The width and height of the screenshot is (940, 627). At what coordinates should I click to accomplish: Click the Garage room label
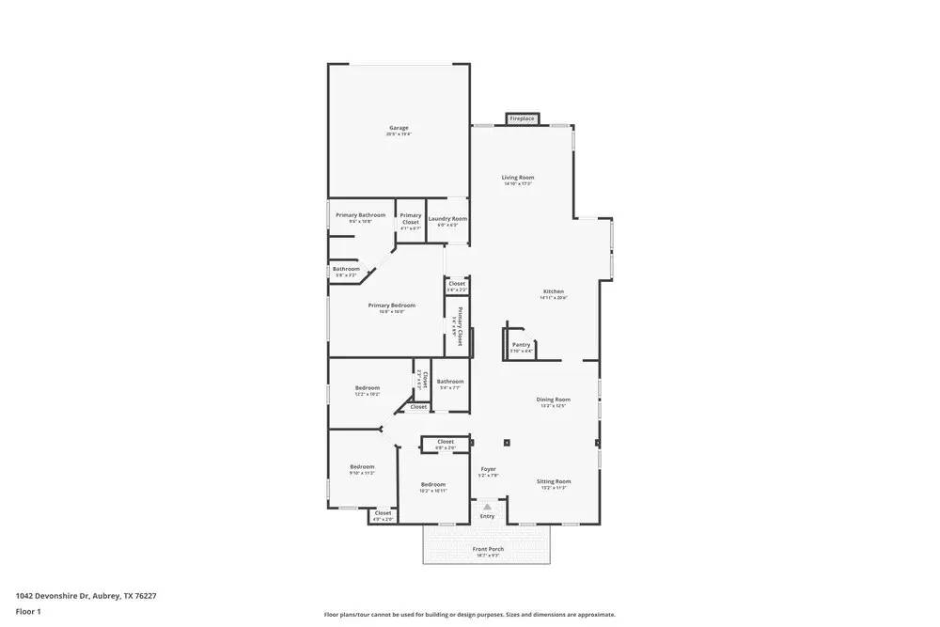(399, 128)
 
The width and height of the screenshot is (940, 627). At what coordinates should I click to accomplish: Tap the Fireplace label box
(522, 118)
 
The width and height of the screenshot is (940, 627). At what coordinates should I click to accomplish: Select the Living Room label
(517, 178)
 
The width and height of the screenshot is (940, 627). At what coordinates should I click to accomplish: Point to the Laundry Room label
(447, 219)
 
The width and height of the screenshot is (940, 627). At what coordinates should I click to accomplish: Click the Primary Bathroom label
(360, 215)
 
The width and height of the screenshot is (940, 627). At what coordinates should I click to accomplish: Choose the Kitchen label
(554, 291)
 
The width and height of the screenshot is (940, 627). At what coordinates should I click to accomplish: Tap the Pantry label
(521, 345)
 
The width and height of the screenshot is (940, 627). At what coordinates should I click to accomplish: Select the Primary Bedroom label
(391, 306)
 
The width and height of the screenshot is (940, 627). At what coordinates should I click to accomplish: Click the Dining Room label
(553, 400)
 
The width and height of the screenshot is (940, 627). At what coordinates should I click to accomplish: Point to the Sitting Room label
(554, 481)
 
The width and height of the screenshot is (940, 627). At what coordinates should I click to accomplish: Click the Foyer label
(488, 469)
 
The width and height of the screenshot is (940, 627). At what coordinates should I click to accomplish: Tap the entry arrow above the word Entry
(487, 507)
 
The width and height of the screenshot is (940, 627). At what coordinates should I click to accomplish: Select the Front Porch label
(487, 549)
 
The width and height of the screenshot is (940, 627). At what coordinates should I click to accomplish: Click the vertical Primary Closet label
(460, 326)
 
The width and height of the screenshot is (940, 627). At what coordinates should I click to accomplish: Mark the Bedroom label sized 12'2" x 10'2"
(367, 388)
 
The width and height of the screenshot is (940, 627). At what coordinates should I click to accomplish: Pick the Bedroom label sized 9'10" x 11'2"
(362, 467)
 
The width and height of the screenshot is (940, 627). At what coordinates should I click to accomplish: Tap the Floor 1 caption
(28, 611)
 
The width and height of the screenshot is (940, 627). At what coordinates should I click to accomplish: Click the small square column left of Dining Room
(506, 442)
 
